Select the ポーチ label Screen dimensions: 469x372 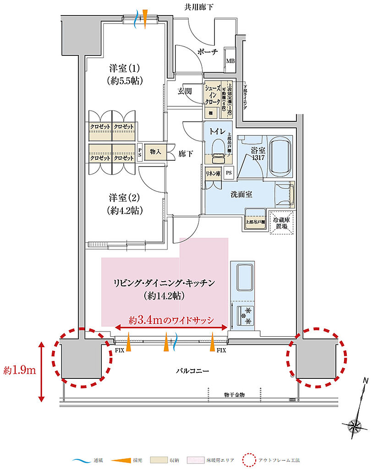[207, 52]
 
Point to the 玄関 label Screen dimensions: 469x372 [185, 91]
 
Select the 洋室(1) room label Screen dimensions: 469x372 [125, 74]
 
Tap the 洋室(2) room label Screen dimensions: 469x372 [125, 204]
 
